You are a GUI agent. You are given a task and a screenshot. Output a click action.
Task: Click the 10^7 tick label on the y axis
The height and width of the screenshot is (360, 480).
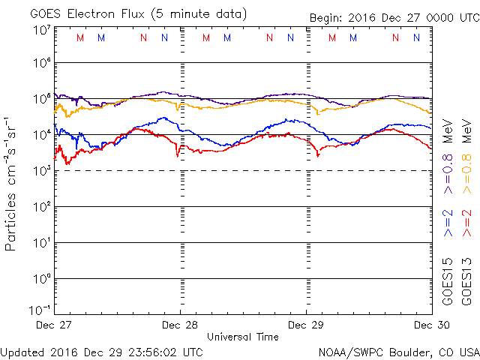tap(42, 29)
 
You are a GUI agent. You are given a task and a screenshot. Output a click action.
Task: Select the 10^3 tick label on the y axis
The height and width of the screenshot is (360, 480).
tap(42, 170)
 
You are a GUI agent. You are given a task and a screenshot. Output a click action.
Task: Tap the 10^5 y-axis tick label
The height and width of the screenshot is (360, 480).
tap(42, 98)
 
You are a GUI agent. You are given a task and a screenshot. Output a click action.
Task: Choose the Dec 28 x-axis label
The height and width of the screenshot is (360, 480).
tap(180, 325)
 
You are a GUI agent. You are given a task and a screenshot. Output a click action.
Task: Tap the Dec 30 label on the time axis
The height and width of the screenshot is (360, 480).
tap(431, 325)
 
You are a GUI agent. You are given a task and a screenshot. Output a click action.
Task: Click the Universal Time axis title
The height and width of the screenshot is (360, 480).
tap(243, 337)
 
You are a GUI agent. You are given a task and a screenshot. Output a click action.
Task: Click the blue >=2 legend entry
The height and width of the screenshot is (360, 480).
tap(448, 223)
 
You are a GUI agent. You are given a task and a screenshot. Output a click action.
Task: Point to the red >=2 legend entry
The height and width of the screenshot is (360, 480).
tap(466, 223)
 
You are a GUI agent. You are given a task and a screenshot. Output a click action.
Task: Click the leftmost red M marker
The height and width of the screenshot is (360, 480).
tap(81, 37)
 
